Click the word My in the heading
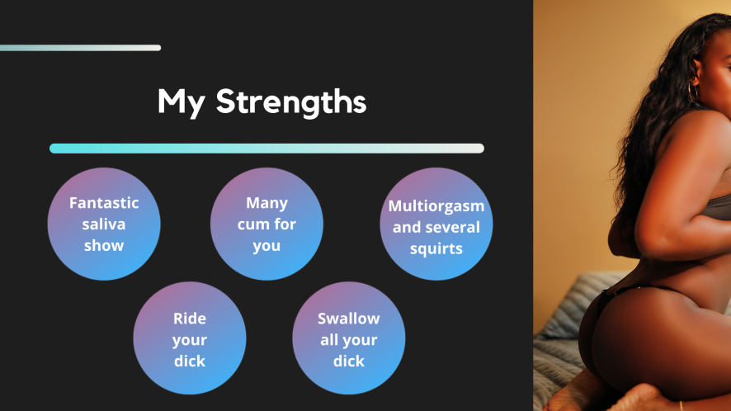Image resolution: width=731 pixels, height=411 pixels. click(181, 102)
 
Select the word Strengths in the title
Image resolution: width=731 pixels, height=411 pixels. click(291, 102)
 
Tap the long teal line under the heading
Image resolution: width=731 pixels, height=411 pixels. click(266, 149)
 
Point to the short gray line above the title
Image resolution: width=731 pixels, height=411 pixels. click(80, 48)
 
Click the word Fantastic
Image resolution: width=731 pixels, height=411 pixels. click(104, 203)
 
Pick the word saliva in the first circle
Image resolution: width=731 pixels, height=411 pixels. click(104, 224)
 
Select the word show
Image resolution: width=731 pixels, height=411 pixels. click(104, 245)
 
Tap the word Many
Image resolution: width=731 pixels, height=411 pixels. click(266, 203)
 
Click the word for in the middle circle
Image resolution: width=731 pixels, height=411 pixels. click(285, 224)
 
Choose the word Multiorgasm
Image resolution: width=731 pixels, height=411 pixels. click(436, 206)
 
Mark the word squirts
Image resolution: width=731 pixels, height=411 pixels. click(436, 249)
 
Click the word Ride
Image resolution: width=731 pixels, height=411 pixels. click(190, 319)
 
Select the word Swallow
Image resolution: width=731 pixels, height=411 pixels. click(349, 319)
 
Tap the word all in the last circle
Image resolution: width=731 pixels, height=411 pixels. click(328, 340)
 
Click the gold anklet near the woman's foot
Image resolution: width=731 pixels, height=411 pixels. click(681, 405)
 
